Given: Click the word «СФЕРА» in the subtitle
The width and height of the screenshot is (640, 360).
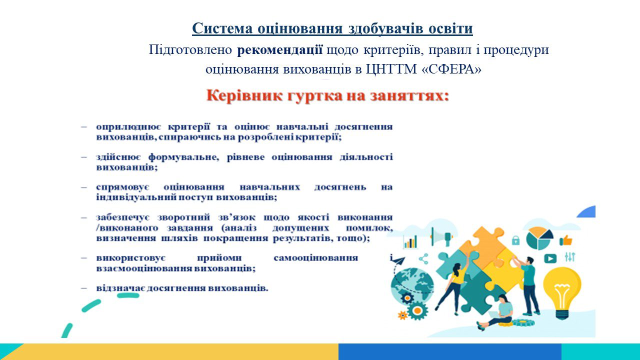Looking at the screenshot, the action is [451, 69].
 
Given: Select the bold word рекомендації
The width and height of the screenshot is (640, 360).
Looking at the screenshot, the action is [279, 49].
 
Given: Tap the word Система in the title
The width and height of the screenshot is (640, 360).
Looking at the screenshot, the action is [222, 28].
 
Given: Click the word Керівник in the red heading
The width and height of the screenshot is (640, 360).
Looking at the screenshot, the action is [245, 96].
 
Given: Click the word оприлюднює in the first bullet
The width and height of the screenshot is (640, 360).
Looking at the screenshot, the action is [128, 127].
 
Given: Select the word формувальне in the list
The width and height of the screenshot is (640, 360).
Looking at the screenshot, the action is [183, 157].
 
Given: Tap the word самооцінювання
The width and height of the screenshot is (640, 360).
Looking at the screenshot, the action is [315, 258].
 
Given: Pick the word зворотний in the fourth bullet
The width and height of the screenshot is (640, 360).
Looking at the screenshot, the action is [183, 217].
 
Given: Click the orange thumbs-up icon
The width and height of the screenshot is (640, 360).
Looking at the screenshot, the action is [566, 240].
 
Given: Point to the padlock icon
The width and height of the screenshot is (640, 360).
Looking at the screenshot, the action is [515, 240].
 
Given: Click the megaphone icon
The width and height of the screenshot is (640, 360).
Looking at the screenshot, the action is [441, 237].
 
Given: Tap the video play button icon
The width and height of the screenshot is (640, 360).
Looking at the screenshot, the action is [550, 258].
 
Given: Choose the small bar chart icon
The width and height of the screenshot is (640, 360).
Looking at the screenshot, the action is [410, 241].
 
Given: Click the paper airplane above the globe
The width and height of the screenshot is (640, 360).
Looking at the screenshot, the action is [398, 260].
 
